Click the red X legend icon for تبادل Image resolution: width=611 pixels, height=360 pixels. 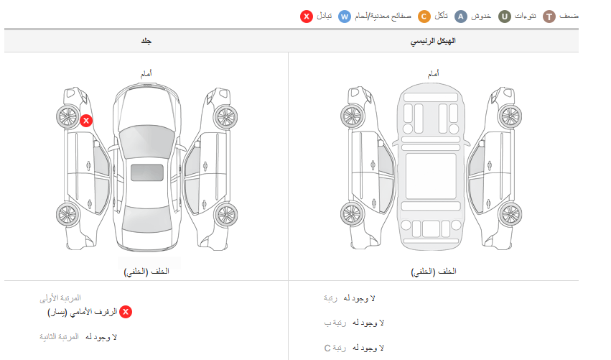(307, 17)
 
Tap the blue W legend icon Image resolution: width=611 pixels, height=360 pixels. (345, 17)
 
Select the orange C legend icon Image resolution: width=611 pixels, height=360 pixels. (424, 17)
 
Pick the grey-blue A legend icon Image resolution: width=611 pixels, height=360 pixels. (461, 17)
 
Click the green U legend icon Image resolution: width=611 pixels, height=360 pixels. (505, 17)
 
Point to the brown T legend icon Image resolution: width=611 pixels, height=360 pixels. (549, 17)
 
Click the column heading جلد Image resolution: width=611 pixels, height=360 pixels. (146, 41)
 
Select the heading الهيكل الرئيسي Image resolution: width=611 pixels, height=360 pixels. (433, 41)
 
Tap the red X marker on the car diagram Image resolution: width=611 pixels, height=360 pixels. (86, 121)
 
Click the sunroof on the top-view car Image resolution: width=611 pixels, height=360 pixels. (147, 172)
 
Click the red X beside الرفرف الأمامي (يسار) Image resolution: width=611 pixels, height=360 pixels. (126, 312)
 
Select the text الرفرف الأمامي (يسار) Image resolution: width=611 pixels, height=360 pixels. (83, 313)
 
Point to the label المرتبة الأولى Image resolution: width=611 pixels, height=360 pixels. (60, 298)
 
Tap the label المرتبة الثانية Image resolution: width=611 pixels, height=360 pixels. (59, 336)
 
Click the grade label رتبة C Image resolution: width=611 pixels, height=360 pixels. (335, 348)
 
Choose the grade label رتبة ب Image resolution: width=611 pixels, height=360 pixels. (335, 323)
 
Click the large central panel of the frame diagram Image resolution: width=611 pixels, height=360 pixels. (431, 176)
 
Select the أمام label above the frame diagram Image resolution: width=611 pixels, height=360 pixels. (434, 73)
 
